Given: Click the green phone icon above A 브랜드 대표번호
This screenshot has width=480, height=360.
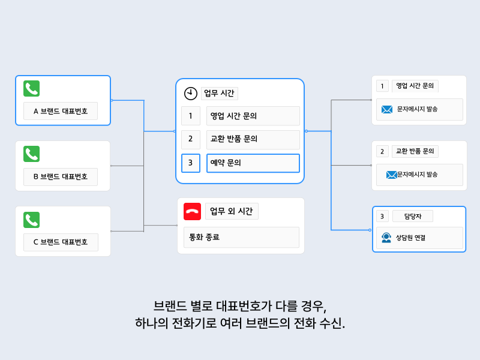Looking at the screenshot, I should click(x=31, y=89).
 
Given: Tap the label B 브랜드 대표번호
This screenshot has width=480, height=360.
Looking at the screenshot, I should click(x=61, y=177).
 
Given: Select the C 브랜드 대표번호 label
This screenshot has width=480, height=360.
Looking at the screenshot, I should click(x=61, y=242).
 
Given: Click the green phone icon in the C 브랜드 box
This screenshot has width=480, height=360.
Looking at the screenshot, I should click(x=31, y=220).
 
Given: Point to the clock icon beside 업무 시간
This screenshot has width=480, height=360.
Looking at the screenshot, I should click(x=190, y=94).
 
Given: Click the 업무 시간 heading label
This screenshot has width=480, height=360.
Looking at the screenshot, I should click(x=219, y=93).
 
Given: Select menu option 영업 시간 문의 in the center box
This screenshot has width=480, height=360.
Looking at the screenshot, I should click(x=253, y=116).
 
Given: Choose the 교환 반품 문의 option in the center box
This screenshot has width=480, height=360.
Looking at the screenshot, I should click(x=253, y=139).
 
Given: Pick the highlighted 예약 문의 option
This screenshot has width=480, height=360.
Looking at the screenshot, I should click(x=253, y=163).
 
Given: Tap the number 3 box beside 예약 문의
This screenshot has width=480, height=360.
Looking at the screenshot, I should click(x=190, y=163).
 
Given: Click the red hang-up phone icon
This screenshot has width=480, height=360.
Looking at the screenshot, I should click(x=192, y=211).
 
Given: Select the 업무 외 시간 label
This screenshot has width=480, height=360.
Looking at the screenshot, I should click(x=231, y=211).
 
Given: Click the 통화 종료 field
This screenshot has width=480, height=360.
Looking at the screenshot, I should click(x=241, y=237).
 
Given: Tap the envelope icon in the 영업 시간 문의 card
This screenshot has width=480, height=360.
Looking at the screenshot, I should click(x=388, y=109).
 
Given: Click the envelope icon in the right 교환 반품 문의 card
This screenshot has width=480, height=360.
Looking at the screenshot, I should click(x=391, y=175).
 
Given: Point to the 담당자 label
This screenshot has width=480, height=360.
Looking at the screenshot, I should click(x=412, y=216).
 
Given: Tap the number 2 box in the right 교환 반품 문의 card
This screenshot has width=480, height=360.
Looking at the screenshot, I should click(x=382, y=151).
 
